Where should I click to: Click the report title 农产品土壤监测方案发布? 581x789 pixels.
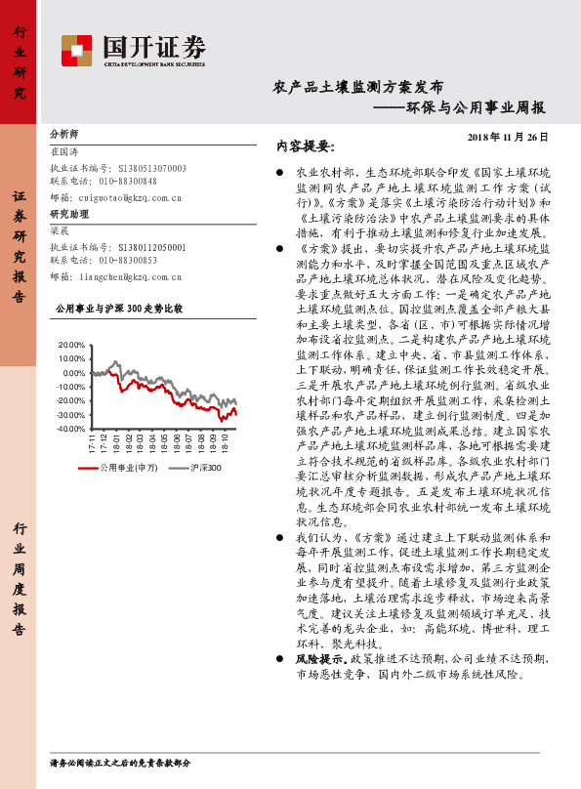[x=357, y=87]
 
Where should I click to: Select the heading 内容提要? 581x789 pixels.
[x=305, y=146]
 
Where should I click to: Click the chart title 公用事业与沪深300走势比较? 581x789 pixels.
[x=118, y=308]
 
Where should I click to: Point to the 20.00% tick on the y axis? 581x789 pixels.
[x=71, y=346]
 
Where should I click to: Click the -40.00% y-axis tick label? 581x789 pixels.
[x=71, y=429]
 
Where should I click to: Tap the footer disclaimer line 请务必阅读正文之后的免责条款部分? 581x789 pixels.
[x=120, y=762]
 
